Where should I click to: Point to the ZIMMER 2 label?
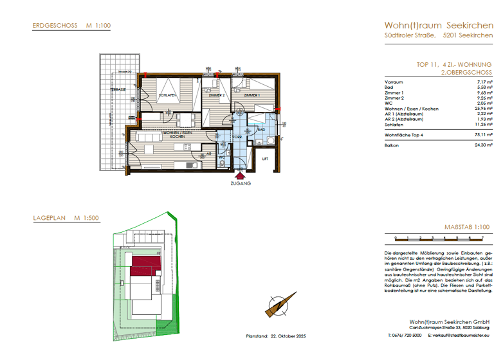[215, 95]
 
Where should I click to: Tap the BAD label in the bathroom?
[261, 130]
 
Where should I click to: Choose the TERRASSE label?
[117, 89]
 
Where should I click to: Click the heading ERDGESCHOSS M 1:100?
[71, 26]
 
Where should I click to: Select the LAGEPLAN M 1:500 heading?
[65, 219]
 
